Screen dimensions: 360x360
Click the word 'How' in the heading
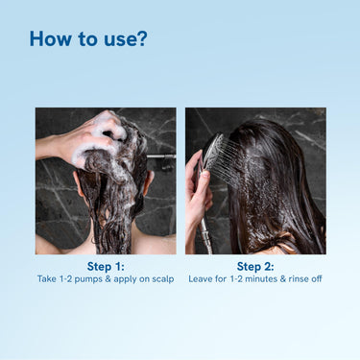tap(51, 38)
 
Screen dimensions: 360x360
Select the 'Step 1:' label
tap(106, 266)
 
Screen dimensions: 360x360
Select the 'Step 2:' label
tap(255, 266)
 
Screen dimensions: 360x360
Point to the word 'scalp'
tap(163, 279)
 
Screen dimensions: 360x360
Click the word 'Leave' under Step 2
tap(201, 279)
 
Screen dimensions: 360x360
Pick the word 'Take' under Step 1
tap(47, 279)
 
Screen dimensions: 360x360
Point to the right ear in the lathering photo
tap(149, 182)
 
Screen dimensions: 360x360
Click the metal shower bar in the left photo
tap(161, 156)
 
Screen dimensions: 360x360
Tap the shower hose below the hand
tap(205, 237)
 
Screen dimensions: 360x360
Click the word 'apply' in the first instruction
tap(125, 279)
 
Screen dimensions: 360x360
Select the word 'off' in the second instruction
tap(317, 279)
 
